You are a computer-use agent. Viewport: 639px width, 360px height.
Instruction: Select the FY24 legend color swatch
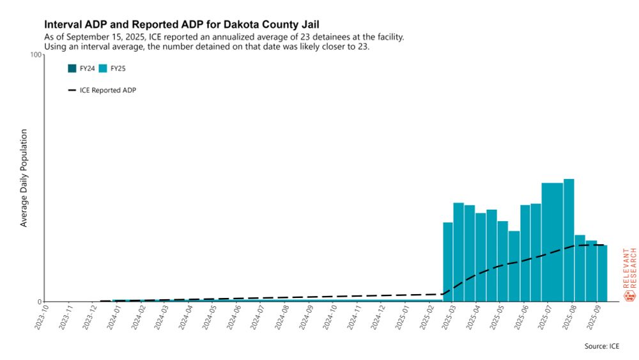(72, 68)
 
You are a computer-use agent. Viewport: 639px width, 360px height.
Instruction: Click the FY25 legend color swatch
(103, 68)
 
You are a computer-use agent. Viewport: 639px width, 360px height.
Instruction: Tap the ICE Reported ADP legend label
(113, 90)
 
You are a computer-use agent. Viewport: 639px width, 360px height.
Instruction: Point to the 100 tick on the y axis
(36, 55)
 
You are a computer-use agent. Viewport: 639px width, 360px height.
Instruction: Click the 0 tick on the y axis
(38, 302)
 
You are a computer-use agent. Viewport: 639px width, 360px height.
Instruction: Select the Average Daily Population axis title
(24, 178)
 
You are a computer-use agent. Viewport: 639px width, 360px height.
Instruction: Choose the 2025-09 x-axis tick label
(597, 316)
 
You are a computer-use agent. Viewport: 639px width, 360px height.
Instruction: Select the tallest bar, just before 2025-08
(569, 240)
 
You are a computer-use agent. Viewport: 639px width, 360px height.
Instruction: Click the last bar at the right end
(602, 273)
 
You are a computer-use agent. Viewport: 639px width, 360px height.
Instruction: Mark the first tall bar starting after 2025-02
(448, 262)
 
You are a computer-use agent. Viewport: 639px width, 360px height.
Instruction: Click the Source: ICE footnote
(601, 346)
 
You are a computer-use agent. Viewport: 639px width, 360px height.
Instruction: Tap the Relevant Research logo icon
(629, 295)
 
